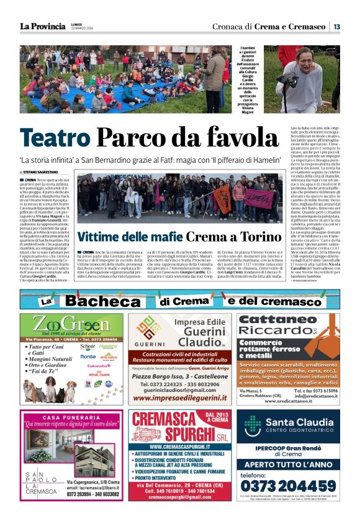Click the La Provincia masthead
[42, 26]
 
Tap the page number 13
[336, 26]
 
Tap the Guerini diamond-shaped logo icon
[149, 325]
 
